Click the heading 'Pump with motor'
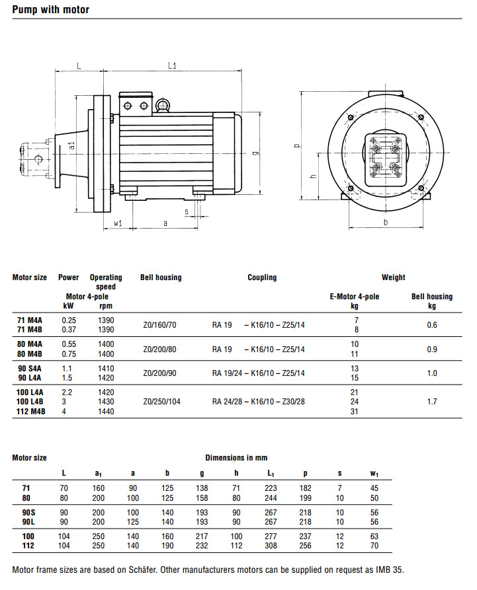pyautogui.click(x=50, y=10)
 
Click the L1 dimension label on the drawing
pyautogui.click(x=171, y=65)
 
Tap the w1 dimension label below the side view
pyautogui.click(x=118, y=223)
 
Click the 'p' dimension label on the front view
pyautogui.click(x=297, y=147)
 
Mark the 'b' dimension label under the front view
pyautogui.click(x=386, y=223)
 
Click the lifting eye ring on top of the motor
pyautogui.click(x=162, y=104)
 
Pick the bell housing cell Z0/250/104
pyautogui.click(x=160, y=401)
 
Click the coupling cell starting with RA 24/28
pyautogui.click(x=258, y=401)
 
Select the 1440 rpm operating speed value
pyautogui.click(x=105, y=412)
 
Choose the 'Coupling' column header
pyautogui.click(x=262, y=277)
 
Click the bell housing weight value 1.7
pyautogui.click(x=432, y=401)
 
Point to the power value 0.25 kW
pyautogui.click(x=69, y=320)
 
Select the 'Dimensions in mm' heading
pyautogui.click(x=236, y=458)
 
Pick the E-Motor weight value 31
pyautogui.click(x=355, y=412)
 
